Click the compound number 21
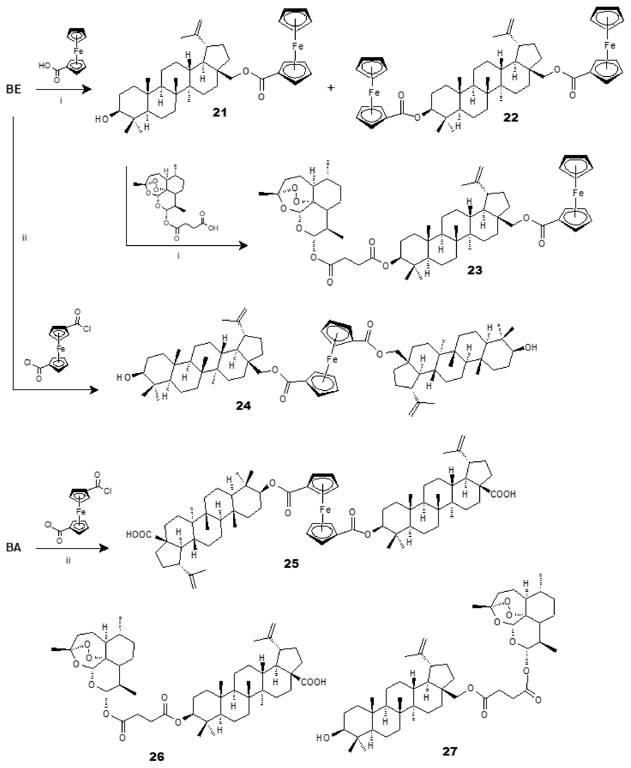click(x=220, y=112)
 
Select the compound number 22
click(x=510, y=117)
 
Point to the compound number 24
click(x=243, y=405)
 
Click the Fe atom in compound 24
click(x=332, y=359)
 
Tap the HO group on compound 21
click(x=102, y=119)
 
